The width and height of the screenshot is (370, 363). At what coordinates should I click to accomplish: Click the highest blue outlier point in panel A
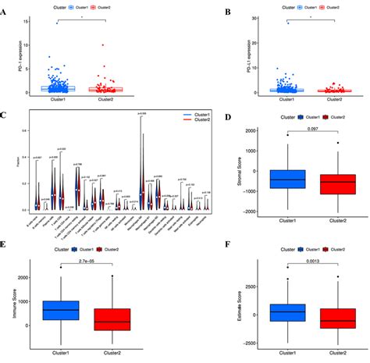pos(57,23)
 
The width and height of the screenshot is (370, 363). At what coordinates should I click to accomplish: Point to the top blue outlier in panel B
pos(266,23)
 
